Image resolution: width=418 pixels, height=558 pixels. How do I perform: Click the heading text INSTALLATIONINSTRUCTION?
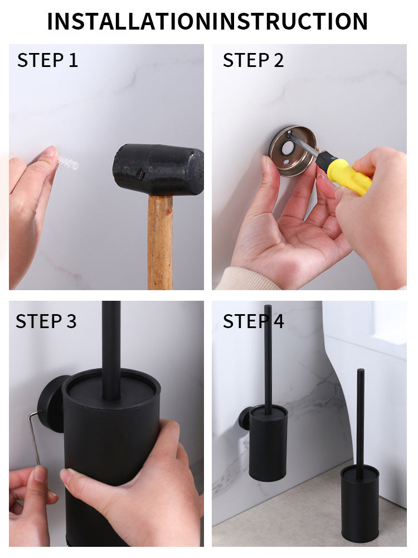[x=207, y=21]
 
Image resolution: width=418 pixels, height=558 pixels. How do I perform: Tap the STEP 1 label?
[x=47, y=60]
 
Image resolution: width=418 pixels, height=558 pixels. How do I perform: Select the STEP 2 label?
[x=253, y=60]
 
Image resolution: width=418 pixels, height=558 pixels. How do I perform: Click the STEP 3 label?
[x=46, y=321]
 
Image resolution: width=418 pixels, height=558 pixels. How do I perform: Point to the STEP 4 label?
[x=253, y=321]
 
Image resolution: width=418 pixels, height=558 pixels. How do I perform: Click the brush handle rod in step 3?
[x=111, y=346]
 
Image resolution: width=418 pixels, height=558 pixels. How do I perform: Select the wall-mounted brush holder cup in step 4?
[x=268, y=444]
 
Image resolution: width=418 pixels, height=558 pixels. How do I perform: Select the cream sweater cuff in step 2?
[x=245, y=279]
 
